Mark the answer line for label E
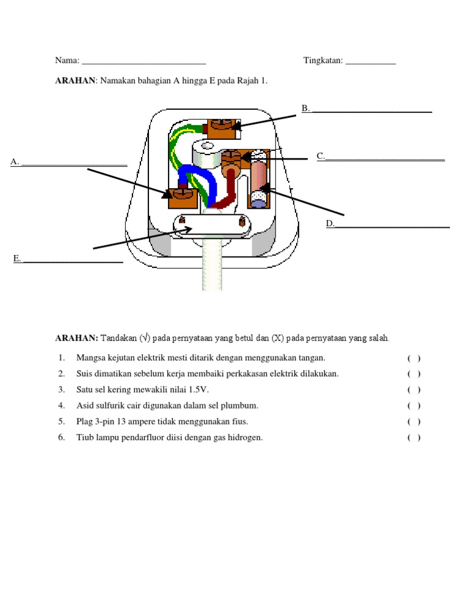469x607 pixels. [x=72, y=262]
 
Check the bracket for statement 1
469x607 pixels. [x=413, y=358]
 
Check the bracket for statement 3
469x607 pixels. [x=413, y=390]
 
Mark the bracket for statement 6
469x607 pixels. [x=413, y=437]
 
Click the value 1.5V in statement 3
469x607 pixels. [x=203, y=390]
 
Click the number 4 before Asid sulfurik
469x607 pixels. [x=61, y=405]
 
